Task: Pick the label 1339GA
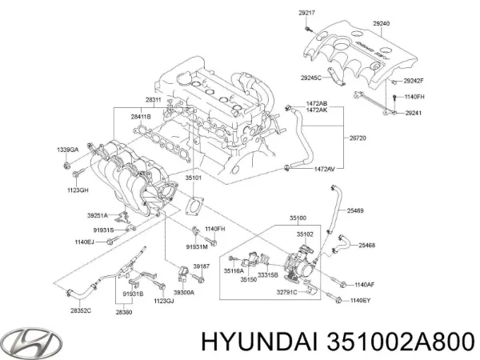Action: (68, 150)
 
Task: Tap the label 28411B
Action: (142, 117)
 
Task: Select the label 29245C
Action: (310, 77)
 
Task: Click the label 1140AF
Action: (365, 284)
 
